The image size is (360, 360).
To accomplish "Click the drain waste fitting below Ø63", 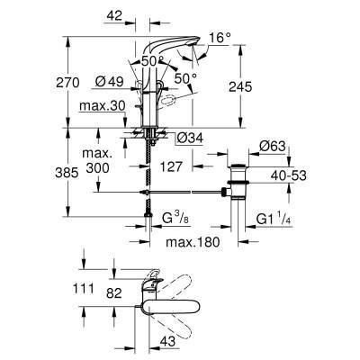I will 241,184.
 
